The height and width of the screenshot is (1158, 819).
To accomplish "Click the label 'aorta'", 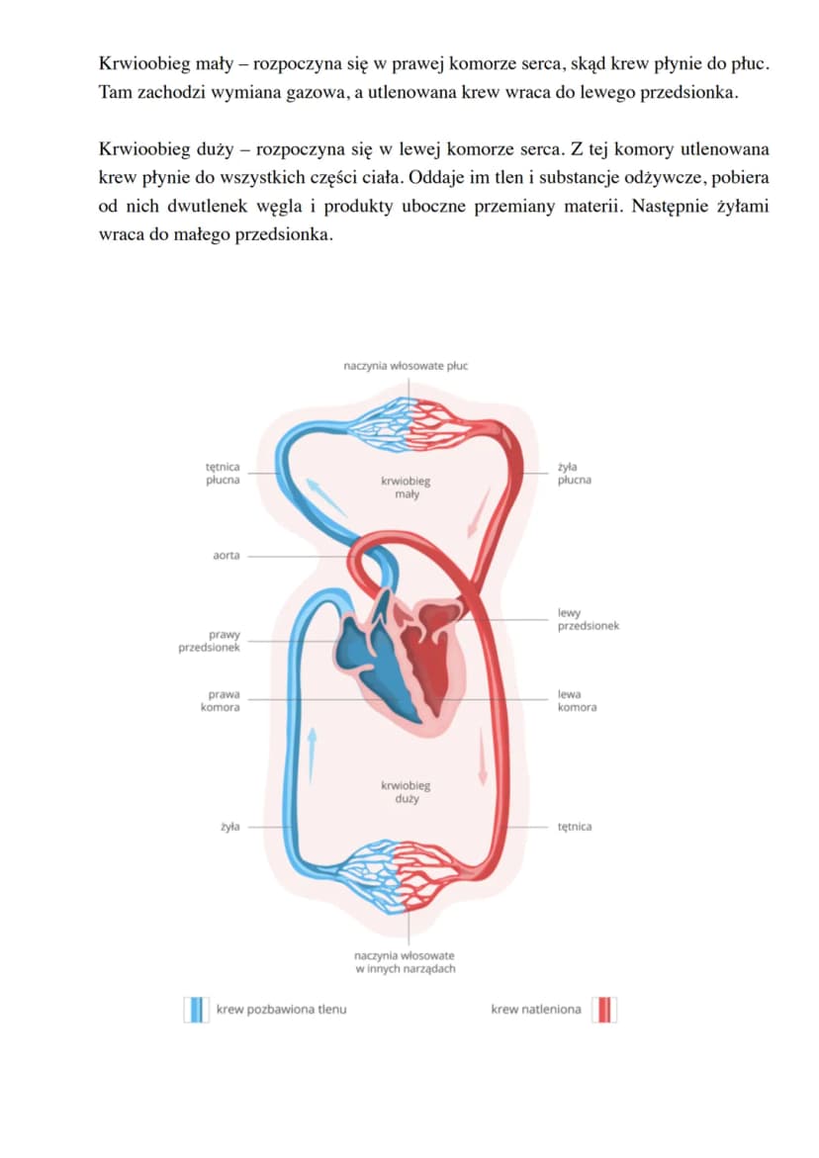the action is pyautogui.click(x=226, y=556).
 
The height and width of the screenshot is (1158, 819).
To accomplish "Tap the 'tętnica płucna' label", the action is pyautogui.click(x=223, y=474).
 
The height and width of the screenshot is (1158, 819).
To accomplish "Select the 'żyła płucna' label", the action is pyautogui.click(x=574, y=474).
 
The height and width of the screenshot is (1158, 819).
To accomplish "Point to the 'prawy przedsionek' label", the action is pyautogui.click(x=209, y=641).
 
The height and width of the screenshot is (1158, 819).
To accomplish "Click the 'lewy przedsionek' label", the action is pyautogui.click(x=588, y=620).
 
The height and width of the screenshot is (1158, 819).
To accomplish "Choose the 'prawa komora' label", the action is pyautogui.click(x=220, y=701).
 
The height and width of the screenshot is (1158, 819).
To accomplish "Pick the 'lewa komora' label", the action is pyautogui.click(x=577, y=701).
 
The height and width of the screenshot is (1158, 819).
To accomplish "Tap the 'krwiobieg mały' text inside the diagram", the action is pyautogui.click(x=406, y=488).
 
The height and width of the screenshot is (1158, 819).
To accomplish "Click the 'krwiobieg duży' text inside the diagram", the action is pyautogui.click(x=406, y=792).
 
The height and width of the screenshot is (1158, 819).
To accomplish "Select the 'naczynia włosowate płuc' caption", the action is pyautogui.click(x=406, y=366).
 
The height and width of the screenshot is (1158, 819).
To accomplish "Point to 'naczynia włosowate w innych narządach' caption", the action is pyautogui.click(x=405, y=962).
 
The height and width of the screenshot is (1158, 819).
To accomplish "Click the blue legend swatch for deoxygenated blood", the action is pyautogui.click(x=197, y=1010).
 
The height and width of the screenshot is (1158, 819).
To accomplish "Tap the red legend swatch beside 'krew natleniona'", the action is pyautogui.click(x=604, y=1010).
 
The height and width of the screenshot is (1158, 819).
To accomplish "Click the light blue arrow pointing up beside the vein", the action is pyautogui.click(x=313, y=755).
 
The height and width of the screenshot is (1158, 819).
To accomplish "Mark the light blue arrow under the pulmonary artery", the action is pyautogui.click(x=325, y=497).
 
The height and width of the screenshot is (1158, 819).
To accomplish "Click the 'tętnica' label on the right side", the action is pyautogui.click(x=574, y=827).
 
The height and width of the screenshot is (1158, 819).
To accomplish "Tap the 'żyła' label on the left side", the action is pyautogui.click(x=229, y=827).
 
